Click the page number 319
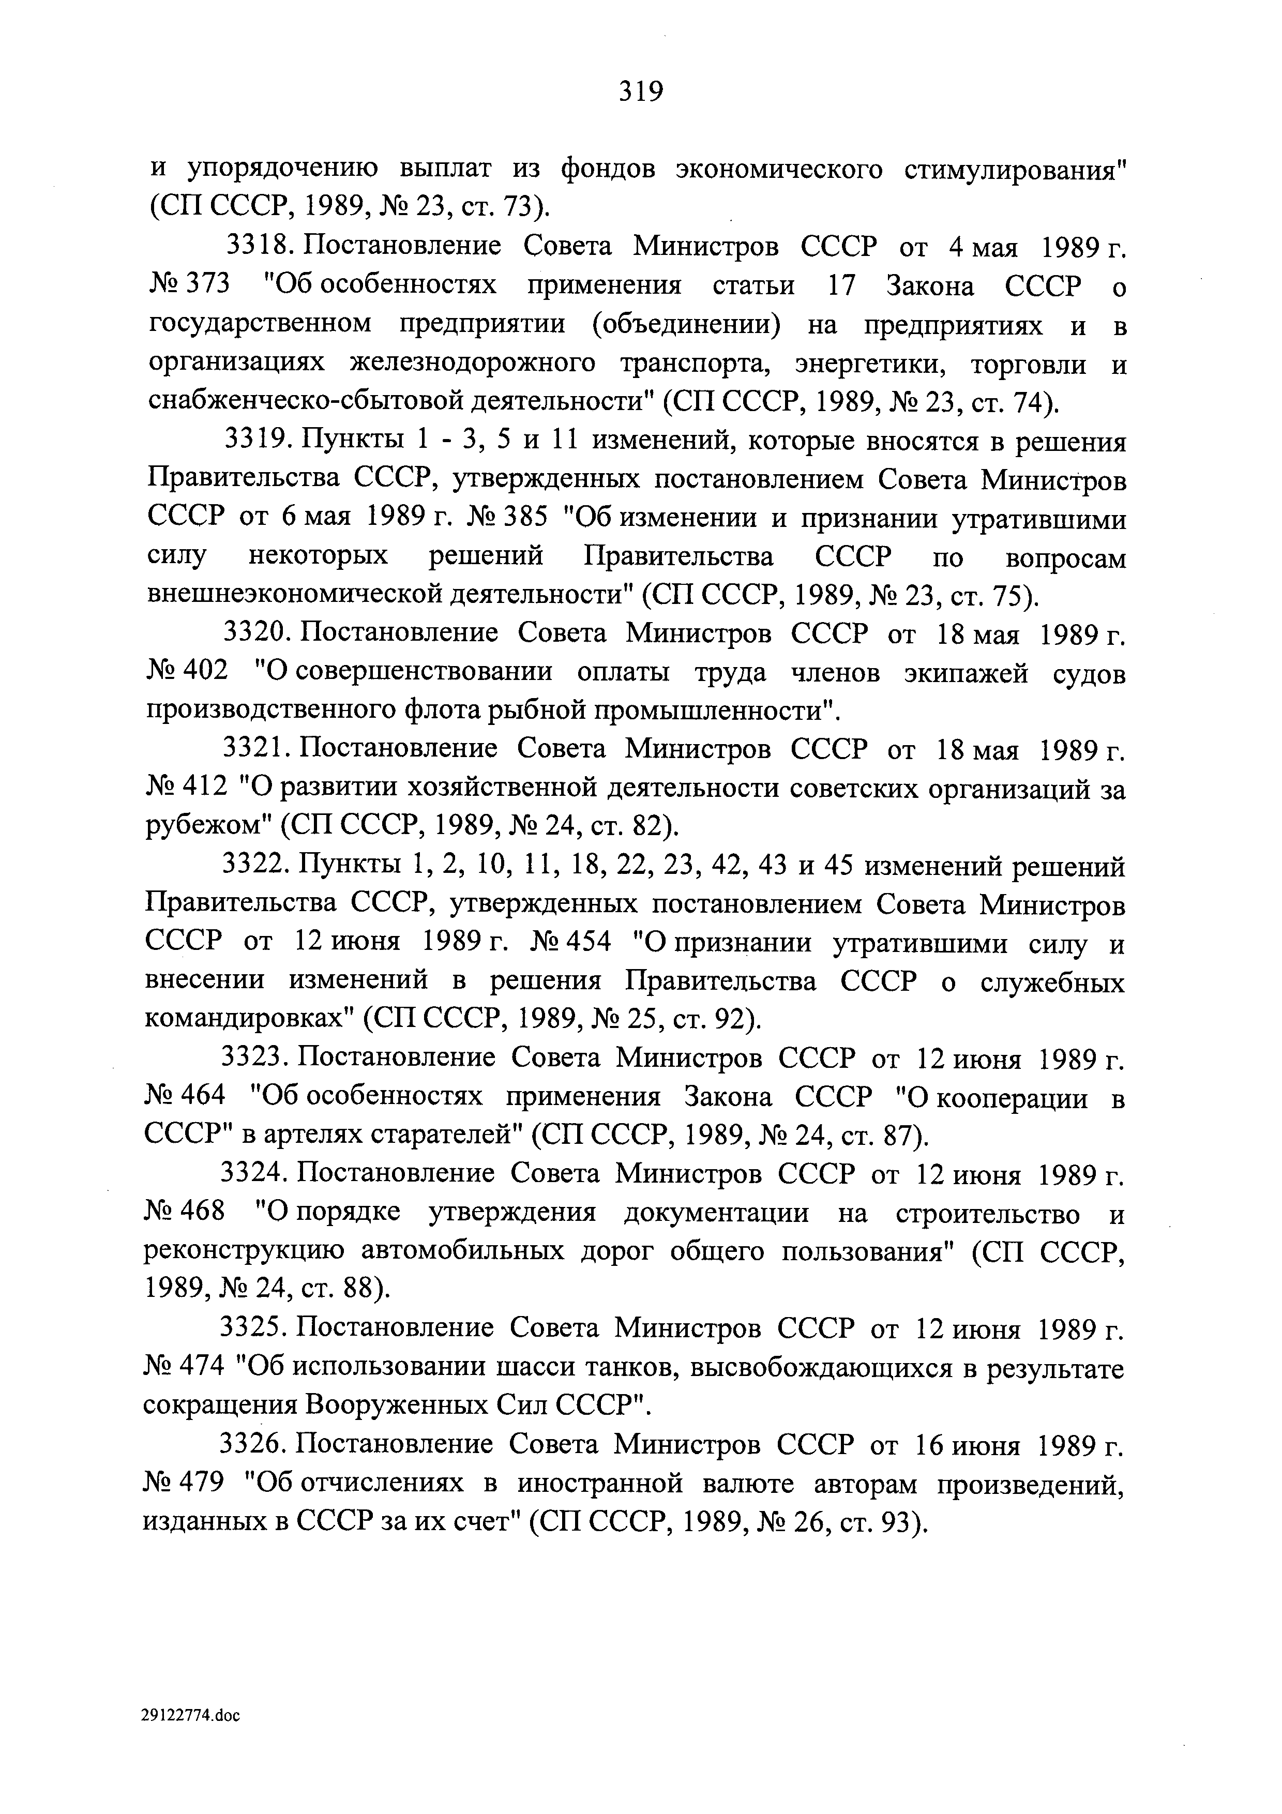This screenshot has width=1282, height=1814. click(641, 93)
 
